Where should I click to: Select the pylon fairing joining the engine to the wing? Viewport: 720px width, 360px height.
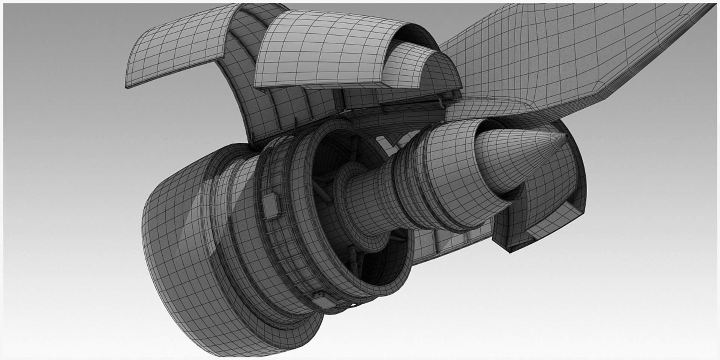click(x=487, y=109)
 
